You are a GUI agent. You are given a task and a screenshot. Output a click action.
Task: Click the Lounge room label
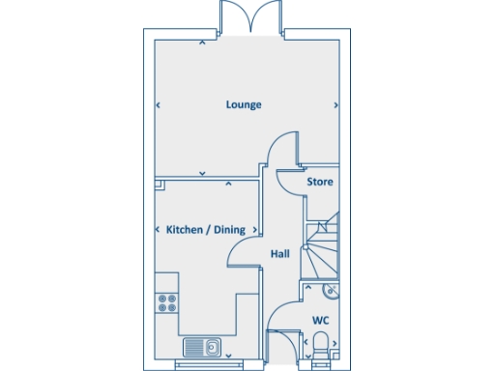point(244,104)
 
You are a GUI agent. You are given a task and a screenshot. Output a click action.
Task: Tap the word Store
point(320,182)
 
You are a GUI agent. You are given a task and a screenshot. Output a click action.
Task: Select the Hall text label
point(280,253)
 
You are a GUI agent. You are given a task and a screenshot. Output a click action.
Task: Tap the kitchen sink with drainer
point(202,346)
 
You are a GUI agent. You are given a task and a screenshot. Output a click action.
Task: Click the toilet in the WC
point(320,346)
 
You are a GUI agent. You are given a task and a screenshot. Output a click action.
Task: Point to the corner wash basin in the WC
point(332,289)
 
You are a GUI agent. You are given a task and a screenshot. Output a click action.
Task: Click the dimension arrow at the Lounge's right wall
point(335,104)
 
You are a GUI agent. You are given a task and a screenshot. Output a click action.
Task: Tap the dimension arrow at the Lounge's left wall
point(158,104)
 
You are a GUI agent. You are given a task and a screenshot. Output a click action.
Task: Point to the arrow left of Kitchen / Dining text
point(158,230)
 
